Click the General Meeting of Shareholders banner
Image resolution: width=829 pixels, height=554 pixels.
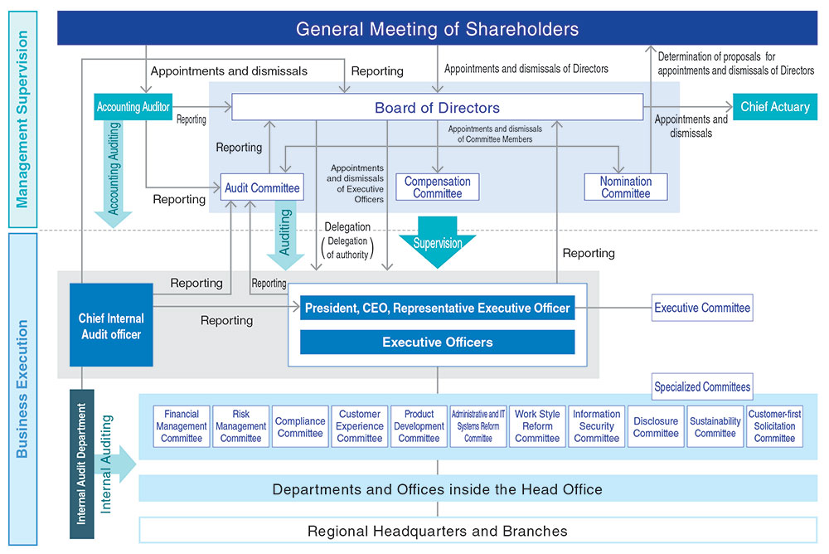[x=437, y=29]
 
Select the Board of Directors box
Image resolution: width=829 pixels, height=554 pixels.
[x=437, y=107]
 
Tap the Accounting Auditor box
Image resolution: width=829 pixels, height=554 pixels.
[x=133, y=107]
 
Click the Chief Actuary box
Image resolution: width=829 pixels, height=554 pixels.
[x=775, y=107]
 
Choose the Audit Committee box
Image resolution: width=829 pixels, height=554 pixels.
[x=262, y=187]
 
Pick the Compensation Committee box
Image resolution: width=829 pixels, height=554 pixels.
[x=437, y=187]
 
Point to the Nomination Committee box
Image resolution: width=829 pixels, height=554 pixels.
[x=626, y=187]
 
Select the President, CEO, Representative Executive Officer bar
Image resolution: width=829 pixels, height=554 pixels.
[x=437, y=308]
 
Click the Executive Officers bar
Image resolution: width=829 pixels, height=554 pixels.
[x=437, y=342]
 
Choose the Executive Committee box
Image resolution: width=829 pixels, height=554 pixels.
[x=702, y=308]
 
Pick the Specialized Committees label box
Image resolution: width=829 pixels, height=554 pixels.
[x=702, y=386]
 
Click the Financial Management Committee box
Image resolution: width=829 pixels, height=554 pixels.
[x=182, y=426]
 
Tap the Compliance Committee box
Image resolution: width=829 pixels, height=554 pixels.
[x=300, y=426]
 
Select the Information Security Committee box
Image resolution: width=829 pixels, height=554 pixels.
[x=596, y=426]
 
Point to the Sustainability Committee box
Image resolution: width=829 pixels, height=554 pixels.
[x=715, y=426]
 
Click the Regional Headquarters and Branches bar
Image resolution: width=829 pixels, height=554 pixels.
[x=437, y=531]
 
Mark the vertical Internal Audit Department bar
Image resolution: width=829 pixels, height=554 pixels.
[x=82, y=464]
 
